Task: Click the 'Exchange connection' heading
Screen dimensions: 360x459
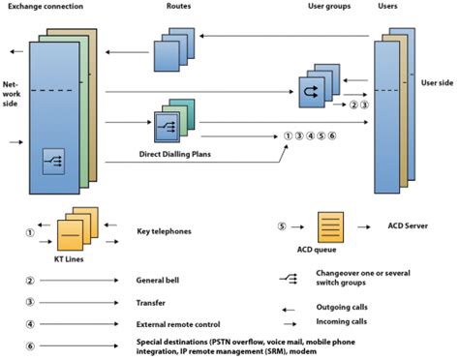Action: point(46,8)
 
